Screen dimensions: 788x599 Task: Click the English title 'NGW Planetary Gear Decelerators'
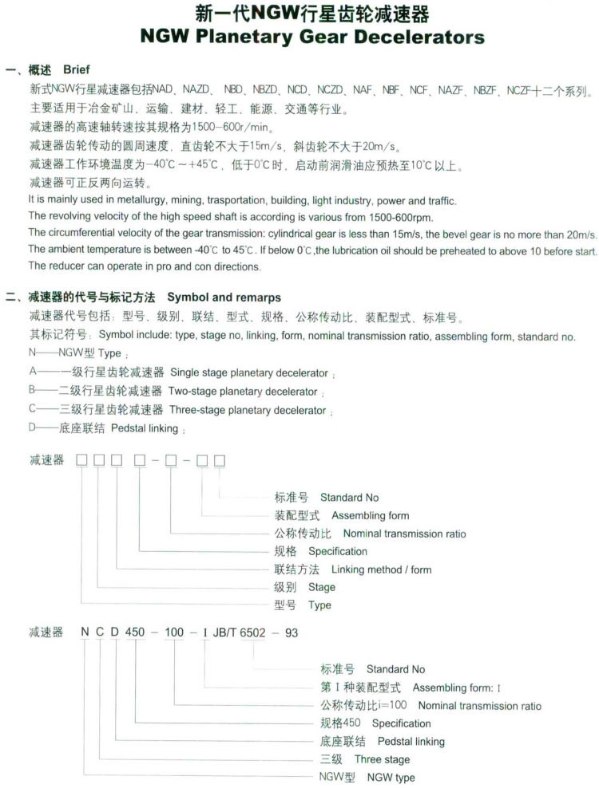point(312,37)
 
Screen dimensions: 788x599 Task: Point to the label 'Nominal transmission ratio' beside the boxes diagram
point(404,534)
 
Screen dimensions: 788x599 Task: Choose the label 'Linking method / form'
point(381,569)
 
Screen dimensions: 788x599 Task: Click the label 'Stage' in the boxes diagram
point(322,587)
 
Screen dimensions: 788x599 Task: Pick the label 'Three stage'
point(383,759)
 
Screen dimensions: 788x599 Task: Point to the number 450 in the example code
point(135,633)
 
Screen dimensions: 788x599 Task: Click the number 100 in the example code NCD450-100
point(173,633)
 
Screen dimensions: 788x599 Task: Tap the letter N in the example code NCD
point(84,633)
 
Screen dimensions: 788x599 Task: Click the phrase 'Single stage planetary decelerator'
point(248,372)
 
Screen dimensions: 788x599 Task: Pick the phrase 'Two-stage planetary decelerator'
point(243,392)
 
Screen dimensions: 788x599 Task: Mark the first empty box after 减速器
point(81,461)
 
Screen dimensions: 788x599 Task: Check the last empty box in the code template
point(220,461)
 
